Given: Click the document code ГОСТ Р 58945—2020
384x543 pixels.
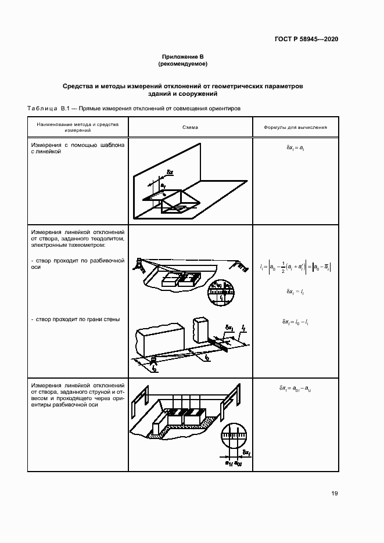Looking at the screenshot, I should point(306,39).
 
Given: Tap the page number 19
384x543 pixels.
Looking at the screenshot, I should point(335,494).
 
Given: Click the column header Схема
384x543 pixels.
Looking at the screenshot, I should point(189,127).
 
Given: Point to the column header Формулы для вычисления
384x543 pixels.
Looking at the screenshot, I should point(295,127).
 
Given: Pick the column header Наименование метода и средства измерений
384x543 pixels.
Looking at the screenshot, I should point(77,127).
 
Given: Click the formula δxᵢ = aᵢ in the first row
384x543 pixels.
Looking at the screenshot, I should point(295,149).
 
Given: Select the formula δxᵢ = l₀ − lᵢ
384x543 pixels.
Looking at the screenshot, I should point(295,321).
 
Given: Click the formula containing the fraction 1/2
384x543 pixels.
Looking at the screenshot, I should point(295,267).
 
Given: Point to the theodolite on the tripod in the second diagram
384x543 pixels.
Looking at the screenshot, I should point(140,265).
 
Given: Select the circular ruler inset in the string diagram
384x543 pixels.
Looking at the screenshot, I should point(235,439).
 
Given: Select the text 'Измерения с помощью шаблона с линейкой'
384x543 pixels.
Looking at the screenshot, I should point(77,149).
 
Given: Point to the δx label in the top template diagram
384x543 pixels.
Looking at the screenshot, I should point(170,172).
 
